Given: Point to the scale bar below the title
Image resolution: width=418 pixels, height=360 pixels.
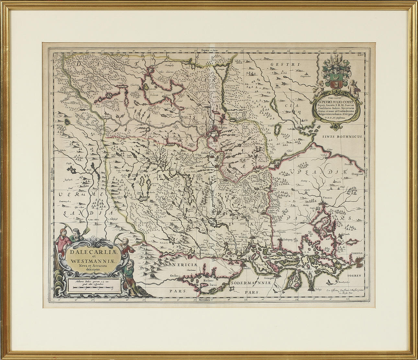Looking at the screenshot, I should click(x=92, y=286).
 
